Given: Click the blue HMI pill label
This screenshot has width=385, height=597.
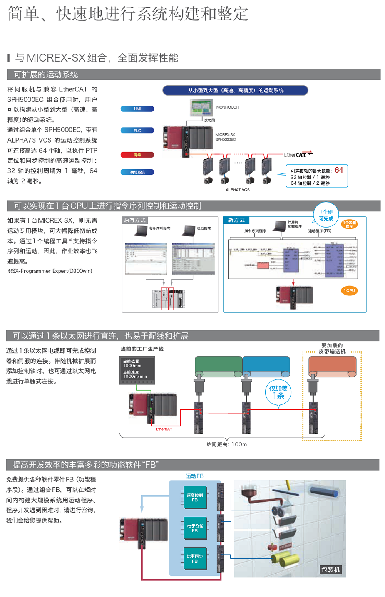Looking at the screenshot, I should coord(137,109).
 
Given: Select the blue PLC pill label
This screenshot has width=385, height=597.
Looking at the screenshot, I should coord(137,131).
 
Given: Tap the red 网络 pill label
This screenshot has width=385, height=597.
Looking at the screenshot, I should coord(137,155).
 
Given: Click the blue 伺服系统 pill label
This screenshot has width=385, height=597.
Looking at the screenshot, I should coord(137,172).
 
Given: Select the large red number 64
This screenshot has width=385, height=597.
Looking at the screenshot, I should coord(339,170).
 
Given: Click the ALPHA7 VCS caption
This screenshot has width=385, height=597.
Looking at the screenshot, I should coord(238,190).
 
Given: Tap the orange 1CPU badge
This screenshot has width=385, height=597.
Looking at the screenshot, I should coord(350,290).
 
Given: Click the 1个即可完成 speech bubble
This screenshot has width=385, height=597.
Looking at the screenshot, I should coord(326,215).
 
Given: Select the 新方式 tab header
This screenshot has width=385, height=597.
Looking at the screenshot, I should coord(236,220).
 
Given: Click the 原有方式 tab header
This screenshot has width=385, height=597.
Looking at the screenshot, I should coord(135,220).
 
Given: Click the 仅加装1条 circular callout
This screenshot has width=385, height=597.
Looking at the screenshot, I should coord(278,392).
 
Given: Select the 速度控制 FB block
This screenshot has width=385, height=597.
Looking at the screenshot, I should coord(194,498).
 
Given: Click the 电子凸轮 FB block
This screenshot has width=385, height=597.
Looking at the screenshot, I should coord(195,528).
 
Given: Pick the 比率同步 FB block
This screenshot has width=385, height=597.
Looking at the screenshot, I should coord(194,558).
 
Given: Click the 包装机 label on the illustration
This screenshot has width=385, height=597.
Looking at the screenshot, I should coord(330,569).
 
